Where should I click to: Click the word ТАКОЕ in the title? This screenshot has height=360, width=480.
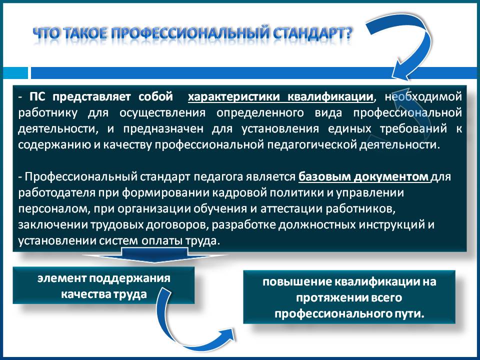(x=86, y=33)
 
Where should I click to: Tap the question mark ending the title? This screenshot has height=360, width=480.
(x=348, y=33)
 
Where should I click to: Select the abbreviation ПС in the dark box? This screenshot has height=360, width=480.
(x=37, y=96)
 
